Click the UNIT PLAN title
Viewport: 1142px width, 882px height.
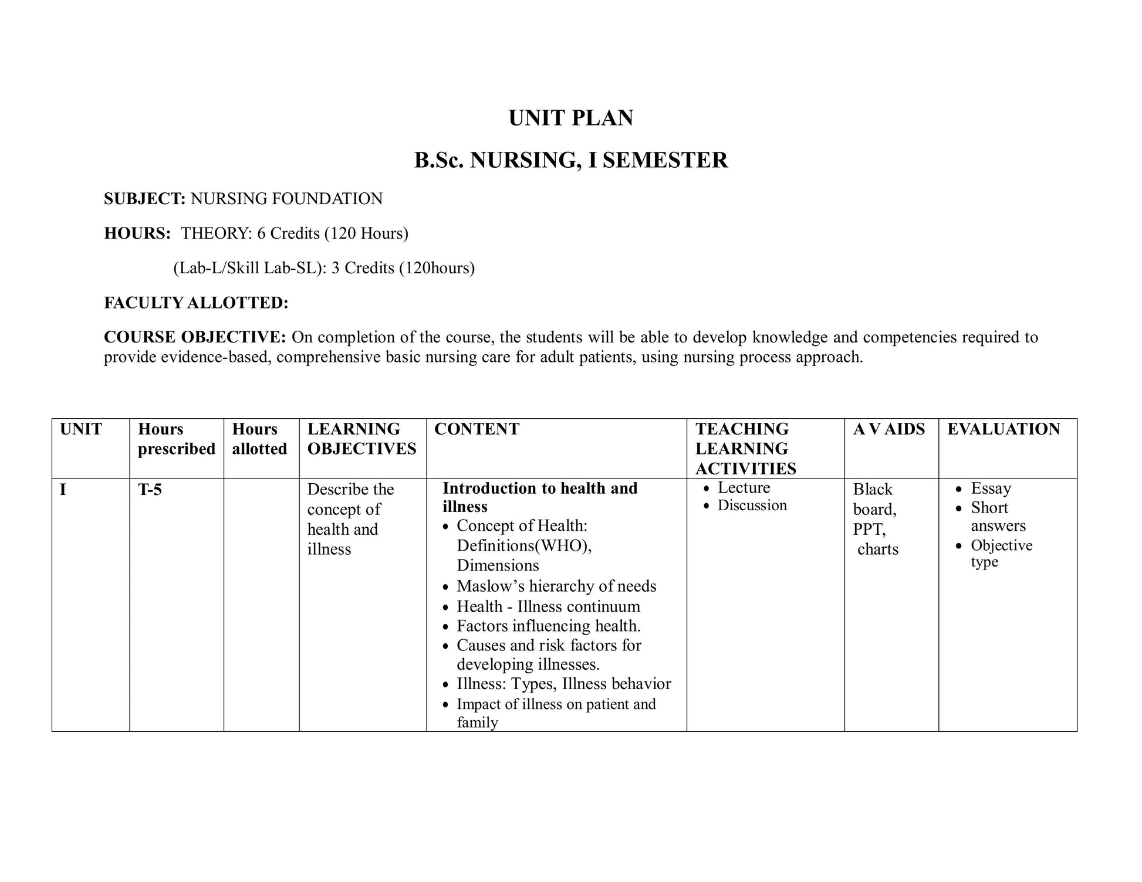pyautogui.click(x=570, y=118)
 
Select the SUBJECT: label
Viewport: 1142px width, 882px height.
pyautogui.click(x=144, y=199)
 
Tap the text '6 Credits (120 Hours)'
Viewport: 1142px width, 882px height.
pyautogui.click(x=332, y=233)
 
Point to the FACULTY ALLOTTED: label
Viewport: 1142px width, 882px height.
pyautogui.click(x=196, y=303)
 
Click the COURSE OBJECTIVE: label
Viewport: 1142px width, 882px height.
pyautogui.click(x=195, y=337)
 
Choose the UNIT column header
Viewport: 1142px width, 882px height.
pyautogui.click(x=81, y=429)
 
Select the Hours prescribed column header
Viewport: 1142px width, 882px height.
pyautogui.click(x=176, y=439)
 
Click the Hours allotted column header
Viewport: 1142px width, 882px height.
pyautogui.click(x=259, y=439)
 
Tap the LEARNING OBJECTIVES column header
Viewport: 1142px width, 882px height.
pyautogui.click(x=361, y=439)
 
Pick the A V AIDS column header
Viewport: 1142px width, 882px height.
pyautogui.click(x=888, y=429)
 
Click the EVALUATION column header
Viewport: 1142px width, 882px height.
pyautogui.click(x=1004, y=429)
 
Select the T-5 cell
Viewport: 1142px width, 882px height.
pyautogui.click(x=150, y=490)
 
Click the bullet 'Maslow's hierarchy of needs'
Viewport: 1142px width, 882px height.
pyautogui.click(x=556, y=586)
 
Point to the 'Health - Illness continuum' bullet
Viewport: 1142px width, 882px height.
pyautogui.click(x=548, y=606)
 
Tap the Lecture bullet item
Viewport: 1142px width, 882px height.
pyautogui.click(x=744, y=488)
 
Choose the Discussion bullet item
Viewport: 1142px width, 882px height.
pyautogui.click(x=752, y=506)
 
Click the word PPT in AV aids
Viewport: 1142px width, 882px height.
pyautogui.click(x=869, y=530)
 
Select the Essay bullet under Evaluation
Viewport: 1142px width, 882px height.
pyautogui.click(x=991, y=489)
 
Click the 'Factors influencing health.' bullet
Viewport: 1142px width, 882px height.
pyautogui.click(x=548, y=626)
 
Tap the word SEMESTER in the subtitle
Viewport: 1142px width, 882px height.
pyautogui.click(x=665, y=160)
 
